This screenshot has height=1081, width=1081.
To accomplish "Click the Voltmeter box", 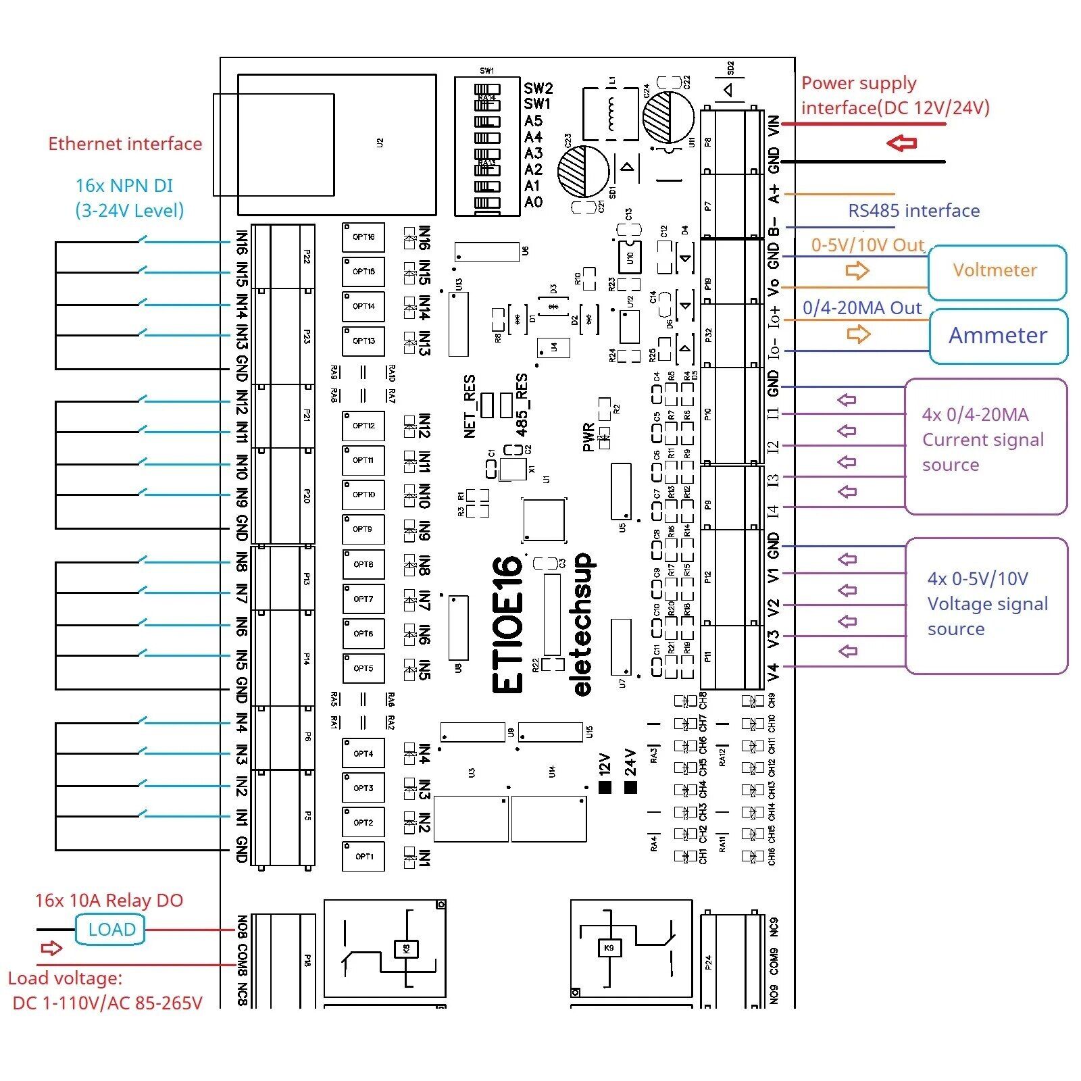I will click(997, 272).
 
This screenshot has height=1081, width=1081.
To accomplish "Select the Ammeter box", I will click(998, 336).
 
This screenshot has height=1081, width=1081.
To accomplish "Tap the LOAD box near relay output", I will click(111, 929).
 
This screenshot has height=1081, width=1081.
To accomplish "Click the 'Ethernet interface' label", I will click(125, 144).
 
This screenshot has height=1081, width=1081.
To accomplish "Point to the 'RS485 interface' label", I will click(913, 211).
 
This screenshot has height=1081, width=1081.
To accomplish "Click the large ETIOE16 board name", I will click(507, 624).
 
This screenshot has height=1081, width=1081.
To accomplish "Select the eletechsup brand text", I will click(582, 624).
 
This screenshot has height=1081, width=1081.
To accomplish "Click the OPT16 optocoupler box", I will click(363, 237).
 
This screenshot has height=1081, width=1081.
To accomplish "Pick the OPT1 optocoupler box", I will click(363, 856).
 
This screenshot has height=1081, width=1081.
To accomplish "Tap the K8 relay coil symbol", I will click(406, 949).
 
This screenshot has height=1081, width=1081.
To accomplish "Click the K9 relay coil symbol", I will click(609, 949).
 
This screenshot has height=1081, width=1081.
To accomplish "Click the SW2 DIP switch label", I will click(538, 89).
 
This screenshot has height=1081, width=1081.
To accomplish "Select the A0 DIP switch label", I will click(534, 202).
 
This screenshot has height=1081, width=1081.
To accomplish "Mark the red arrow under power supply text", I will click(901, 143).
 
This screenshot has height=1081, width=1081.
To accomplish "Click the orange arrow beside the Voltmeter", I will click(857, 271).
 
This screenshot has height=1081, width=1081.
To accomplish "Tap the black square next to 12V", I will click(605, 787).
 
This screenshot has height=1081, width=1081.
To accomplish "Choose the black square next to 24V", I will click(630, 787).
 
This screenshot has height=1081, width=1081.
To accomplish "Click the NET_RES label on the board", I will click(470, 406).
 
